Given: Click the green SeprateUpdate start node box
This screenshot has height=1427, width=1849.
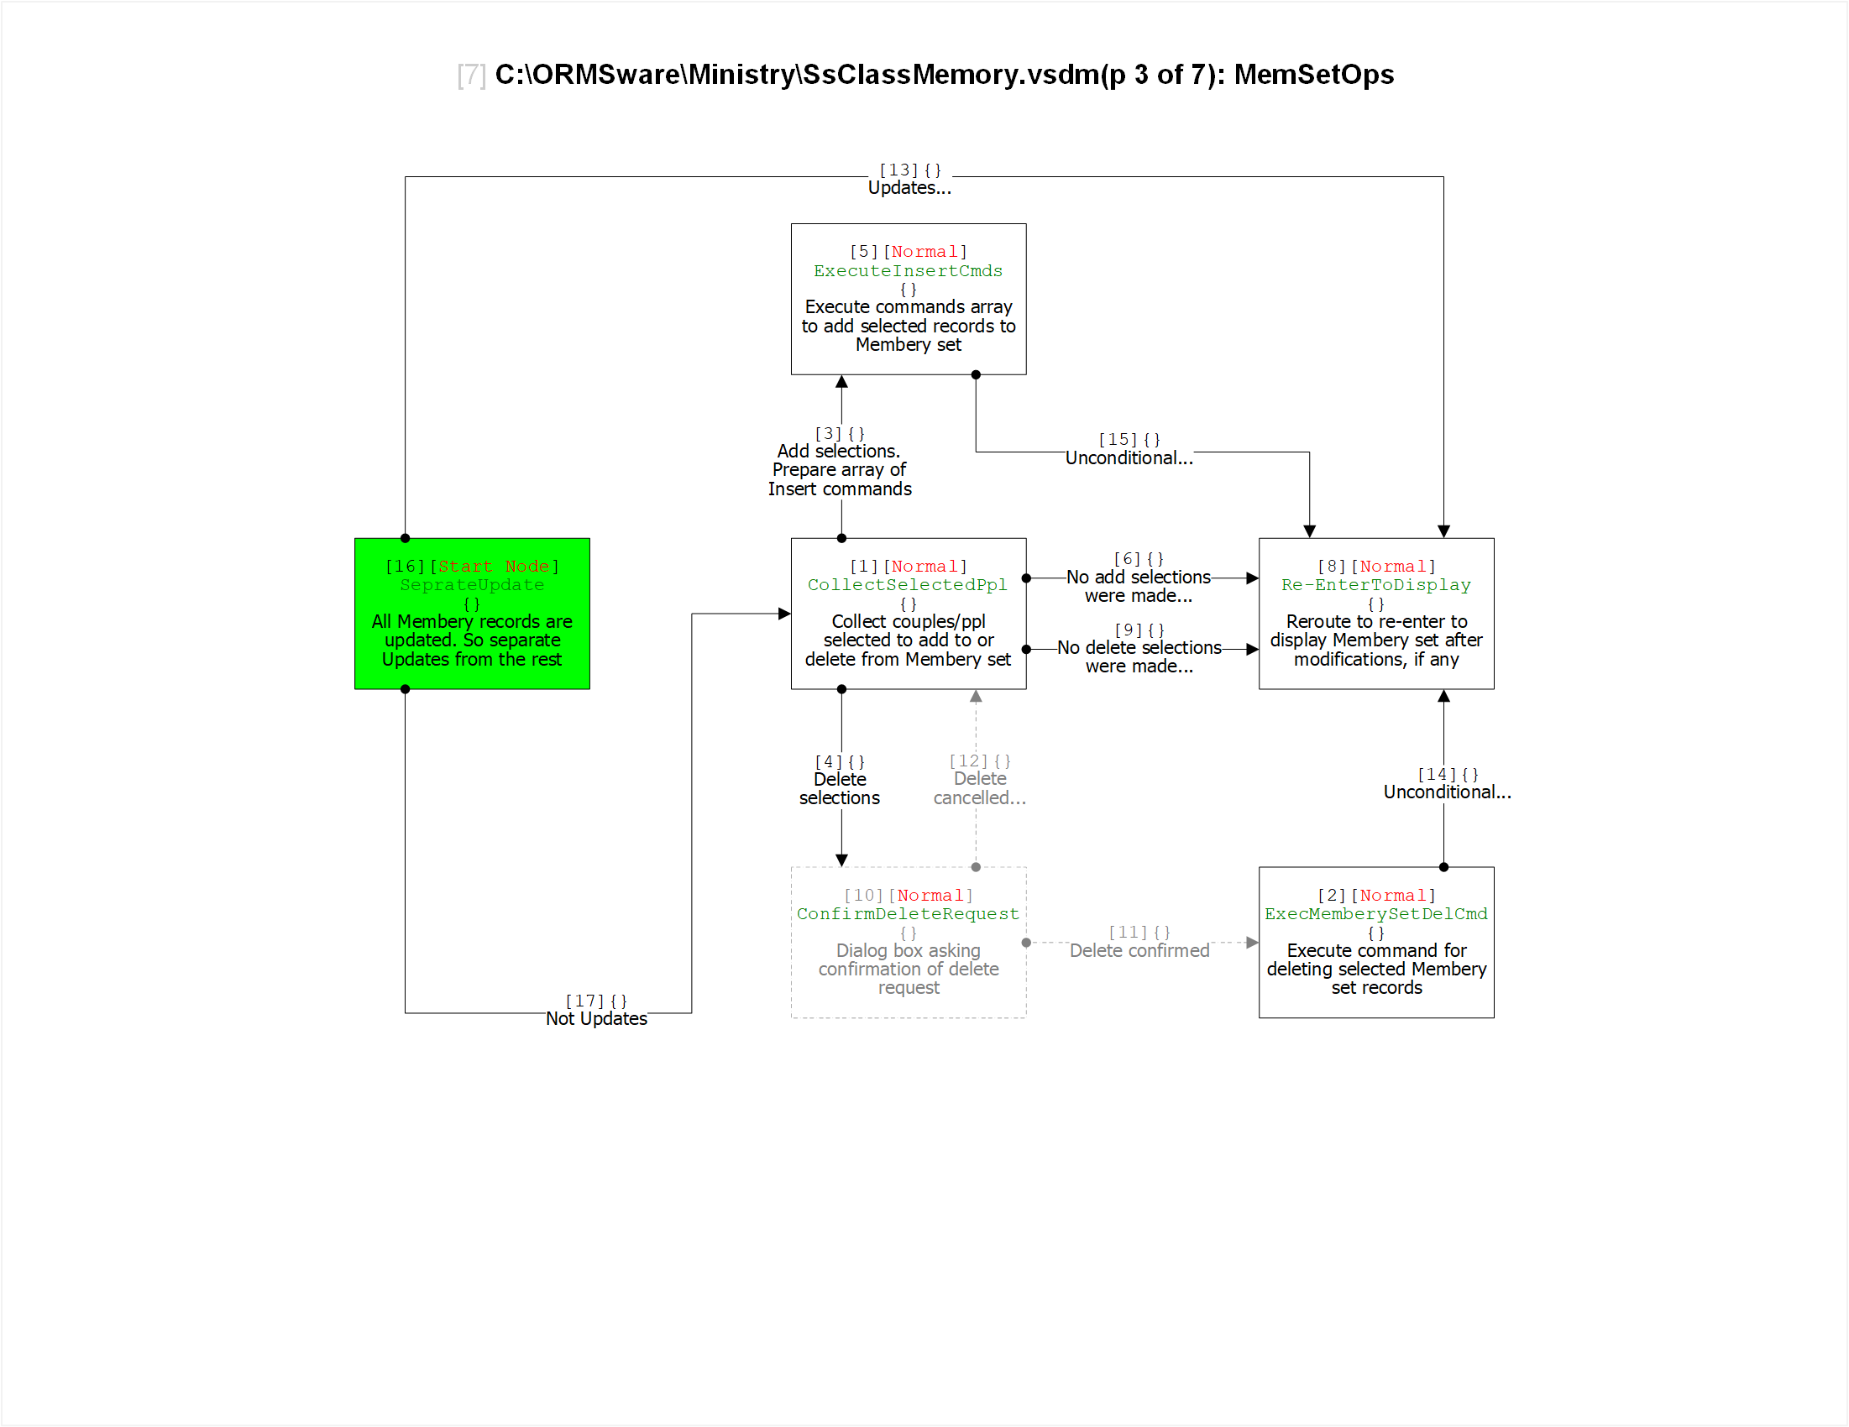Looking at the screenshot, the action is coord(472,614).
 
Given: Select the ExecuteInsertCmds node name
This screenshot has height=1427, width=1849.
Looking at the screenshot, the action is coord(908,271).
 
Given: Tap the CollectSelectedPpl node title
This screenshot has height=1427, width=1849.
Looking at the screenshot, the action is coord(908,585).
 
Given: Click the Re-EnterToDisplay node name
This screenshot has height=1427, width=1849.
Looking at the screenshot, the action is coord(1375,585).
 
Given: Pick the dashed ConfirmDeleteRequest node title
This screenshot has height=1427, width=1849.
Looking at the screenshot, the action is coord(908,914).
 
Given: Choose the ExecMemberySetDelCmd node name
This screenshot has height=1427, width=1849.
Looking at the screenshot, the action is coord(1375,914).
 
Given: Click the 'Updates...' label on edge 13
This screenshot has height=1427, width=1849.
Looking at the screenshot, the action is coord(909,188).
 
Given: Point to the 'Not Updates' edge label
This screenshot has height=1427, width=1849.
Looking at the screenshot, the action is coord(596,1019).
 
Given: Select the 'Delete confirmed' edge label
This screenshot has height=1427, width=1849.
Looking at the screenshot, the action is coord(1139,950).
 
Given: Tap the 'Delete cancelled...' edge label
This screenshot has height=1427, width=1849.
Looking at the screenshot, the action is coord(980,788).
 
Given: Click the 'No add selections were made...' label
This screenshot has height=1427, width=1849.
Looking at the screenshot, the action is coord(1139,587).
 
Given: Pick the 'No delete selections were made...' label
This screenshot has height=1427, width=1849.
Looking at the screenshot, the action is coord(1139,656).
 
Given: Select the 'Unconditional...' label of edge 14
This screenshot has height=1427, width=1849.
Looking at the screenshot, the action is coord(1447,792).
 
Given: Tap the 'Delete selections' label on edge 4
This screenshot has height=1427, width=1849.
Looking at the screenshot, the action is coord(839,789).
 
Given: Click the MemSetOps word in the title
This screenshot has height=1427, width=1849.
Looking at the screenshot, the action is coord(1314,75).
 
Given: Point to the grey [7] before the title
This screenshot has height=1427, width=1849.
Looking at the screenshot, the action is coord(472,76).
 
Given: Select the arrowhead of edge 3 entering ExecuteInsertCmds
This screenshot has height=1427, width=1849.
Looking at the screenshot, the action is coord(841,382).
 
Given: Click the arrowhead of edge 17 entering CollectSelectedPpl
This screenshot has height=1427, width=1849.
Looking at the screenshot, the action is coord(784,614).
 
